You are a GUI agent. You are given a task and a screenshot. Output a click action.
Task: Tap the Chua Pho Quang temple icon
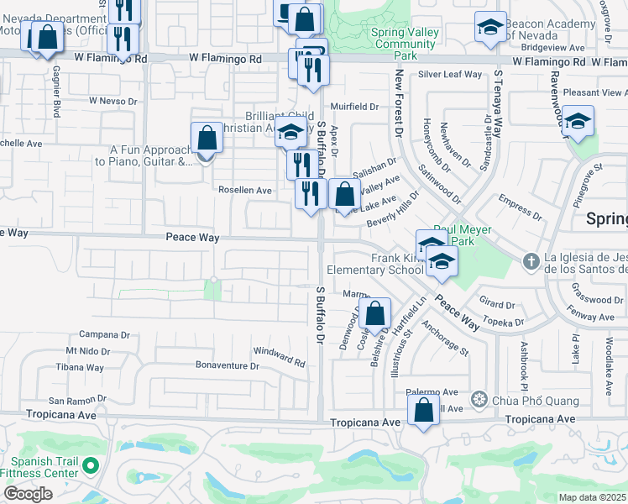(x=479, y=398)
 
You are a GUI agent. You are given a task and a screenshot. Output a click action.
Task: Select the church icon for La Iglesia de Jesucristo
(x=531, y=262)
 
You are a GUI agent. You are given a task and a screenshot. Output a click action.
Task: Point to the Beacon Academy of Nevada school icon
(x=490, y=29)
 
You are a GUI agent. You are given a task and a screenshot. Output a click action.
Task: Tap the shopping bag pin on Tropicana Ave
(x=424, y=411)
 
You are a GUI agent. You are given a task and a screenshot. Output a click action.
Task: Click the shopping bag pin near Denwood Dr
(x=375, y=314)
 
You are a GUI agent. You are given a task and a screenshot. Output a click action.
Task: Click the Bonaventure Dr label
(x=227, y=365)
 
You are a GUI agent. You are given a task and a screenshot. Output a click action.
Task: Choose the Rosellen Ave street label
(x=245, y=191)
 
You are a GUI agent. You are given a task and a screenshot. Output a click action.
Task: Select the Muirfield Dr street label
(x=355, y=107)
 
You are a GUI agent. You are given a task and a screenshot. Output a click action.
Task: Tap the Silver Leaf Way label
(x=450, y=75)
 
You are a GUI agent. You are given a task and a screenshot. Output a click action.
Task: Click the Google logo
(x=28, y=494)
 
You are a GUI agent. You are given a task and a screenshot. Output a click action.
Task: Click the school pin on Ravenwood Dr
(x=577, y=122)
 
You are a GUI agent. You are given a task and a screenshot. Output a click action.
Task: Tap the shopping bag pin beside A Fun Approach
(x=207, y=139)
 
